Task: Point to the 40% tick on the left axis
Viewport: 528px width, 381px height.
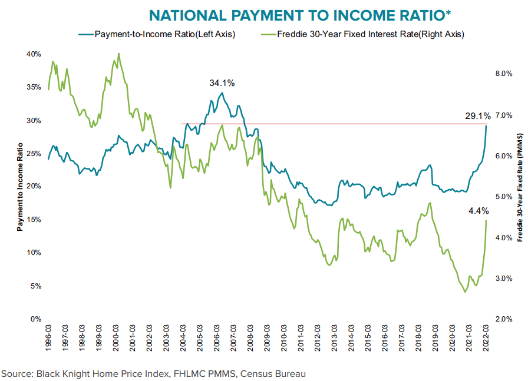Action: click(33, 54)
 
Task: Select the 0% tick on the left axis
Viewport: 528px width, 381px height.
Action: click(35, 319)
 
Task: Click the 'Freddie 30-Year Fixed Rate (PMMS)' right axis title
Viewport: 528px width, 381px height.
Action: click(520, 187)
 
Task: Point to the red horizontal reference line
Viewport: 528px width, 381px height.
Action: click(330, 124)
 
